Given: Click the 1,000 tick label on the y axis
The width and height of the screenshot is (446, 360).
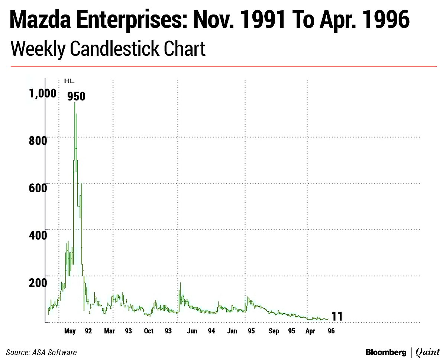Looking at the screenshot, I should (43, 93).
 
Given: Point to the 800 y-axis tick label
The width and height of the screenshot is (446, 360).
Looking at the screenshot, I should (38, 141).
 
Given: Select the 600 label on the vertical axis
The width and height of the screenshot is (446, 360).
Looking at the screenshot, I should (38, 187).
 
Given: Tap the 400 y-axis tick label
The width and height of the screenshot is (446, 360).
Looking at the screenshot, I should (38, 235).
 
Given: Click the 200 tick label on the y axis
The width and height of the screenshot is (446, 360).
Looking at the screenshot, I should (38, 282).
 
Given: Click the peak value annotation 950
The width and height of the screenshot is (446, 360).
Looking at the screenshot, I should (76, 97).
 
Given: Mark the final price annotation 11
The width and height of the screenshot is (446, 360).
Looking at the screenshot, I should (337, 316).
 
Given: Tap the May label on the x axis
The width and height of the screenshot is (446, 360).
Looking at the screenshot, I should (70, 331).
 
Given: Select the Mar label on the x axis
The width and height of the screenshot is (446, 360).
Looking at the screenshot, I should (109, 331).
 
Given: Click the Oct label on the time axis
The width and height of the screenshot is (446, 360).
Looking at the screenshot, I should (149, 331).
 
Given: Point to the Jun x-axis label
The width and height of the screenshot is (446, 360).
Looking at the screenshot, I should (192, 331).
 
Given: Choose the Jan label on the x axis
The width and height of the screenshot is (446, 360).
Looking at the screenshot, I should (232, 331).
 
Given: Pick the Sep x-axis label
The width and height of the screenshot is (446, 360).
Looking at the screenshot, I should (274, 331).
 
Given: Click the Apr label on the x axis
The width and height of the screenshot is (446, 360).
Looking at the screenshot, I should (309, 331).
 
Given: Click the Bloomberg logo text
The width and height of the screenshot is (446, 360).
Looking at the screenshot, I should (386, 352).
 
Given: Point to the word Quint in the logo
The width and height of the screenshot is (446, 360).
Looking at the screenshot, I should (428, 352).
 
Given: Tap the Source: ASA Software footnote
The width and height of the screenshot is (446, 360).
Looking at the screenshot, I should (41, 352).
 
